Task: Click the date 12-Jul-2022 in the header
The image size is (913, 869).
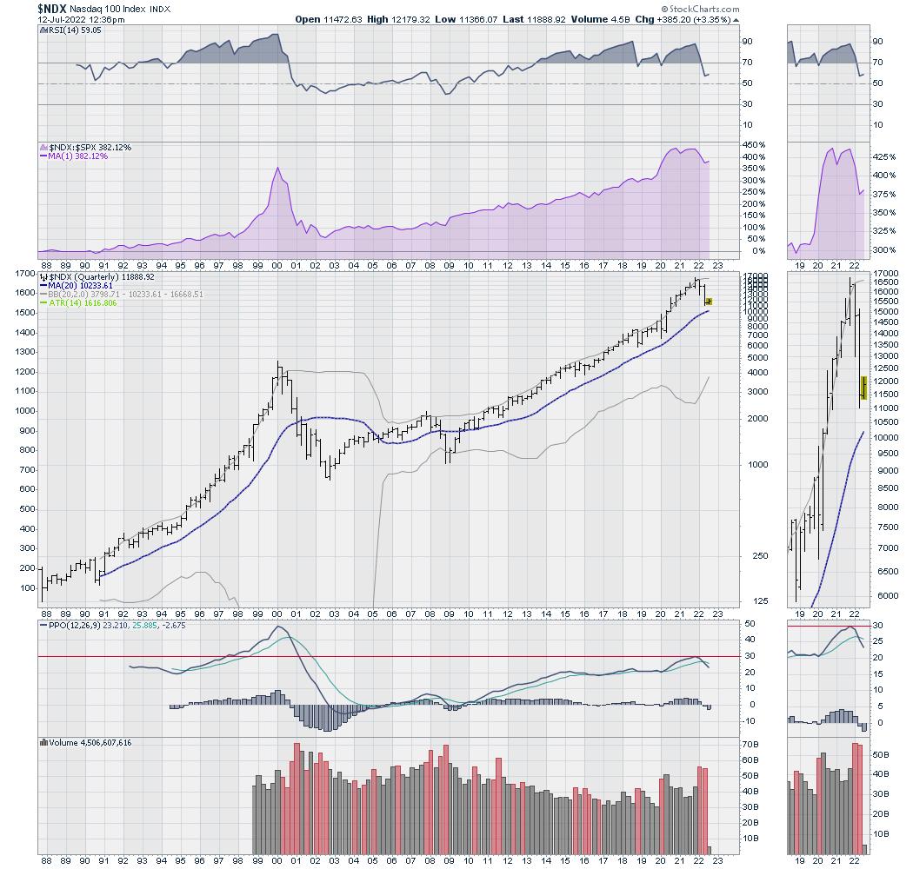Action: click(63, 19)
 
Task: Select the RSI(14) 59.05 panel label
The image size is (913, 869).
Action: click(71, 30)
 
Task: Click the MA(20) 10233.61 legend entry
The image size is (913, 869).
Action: click(83, 285)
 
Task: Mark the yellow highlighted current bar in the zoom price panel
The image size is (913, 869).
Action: click(863, 388)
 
